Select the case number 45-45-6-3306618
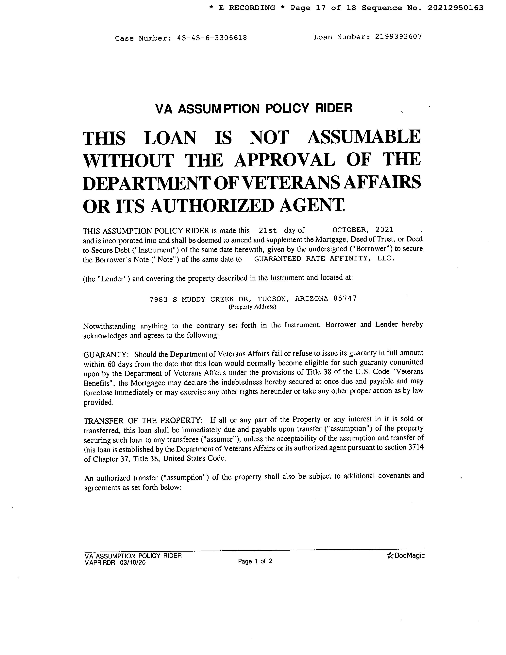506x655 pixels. tap(212, 38)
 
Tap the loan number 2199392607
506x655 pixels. tap(398, 37)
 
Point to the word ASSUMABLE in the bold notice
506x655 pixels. tap(364, 137)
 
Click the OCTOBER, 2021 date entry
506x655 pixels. tap(363, 230)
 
